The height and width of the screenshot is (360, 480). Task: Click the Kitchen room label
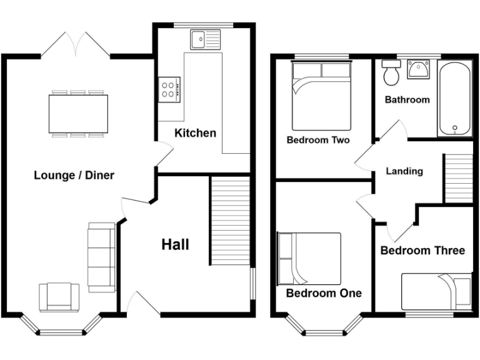pos(195,132)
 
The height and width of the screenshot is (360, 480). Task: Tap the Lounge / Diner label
pos(74,175)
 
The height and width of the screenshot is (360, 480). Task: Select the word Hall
pos(175,244)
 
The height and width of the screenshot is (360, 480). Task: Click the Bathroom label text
pos(407,99)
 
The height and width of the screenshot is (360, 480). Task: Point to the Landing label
pos(404,171)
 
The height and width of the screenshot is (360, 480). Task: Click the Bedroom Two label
pos(317,140)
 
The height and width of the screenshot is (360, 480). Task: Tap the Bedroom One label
pos(323,292)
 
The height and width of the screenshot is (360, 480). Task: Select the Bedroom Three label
pos(422,251)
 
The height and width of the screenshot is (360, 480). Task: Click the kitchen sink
pos(206,39)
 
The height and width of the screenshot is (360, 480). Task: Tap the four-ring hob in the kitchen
pos(169,89)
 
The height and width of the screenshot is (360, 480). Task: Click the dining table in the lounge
pos(78,113)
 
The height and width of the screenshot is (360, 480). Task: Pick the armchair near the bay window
pos(59,297)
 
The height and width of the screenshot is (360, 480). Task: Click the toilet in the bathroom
pos(392,73)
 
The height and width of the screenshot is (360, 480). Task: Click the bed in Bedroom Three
pos(436,290)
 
